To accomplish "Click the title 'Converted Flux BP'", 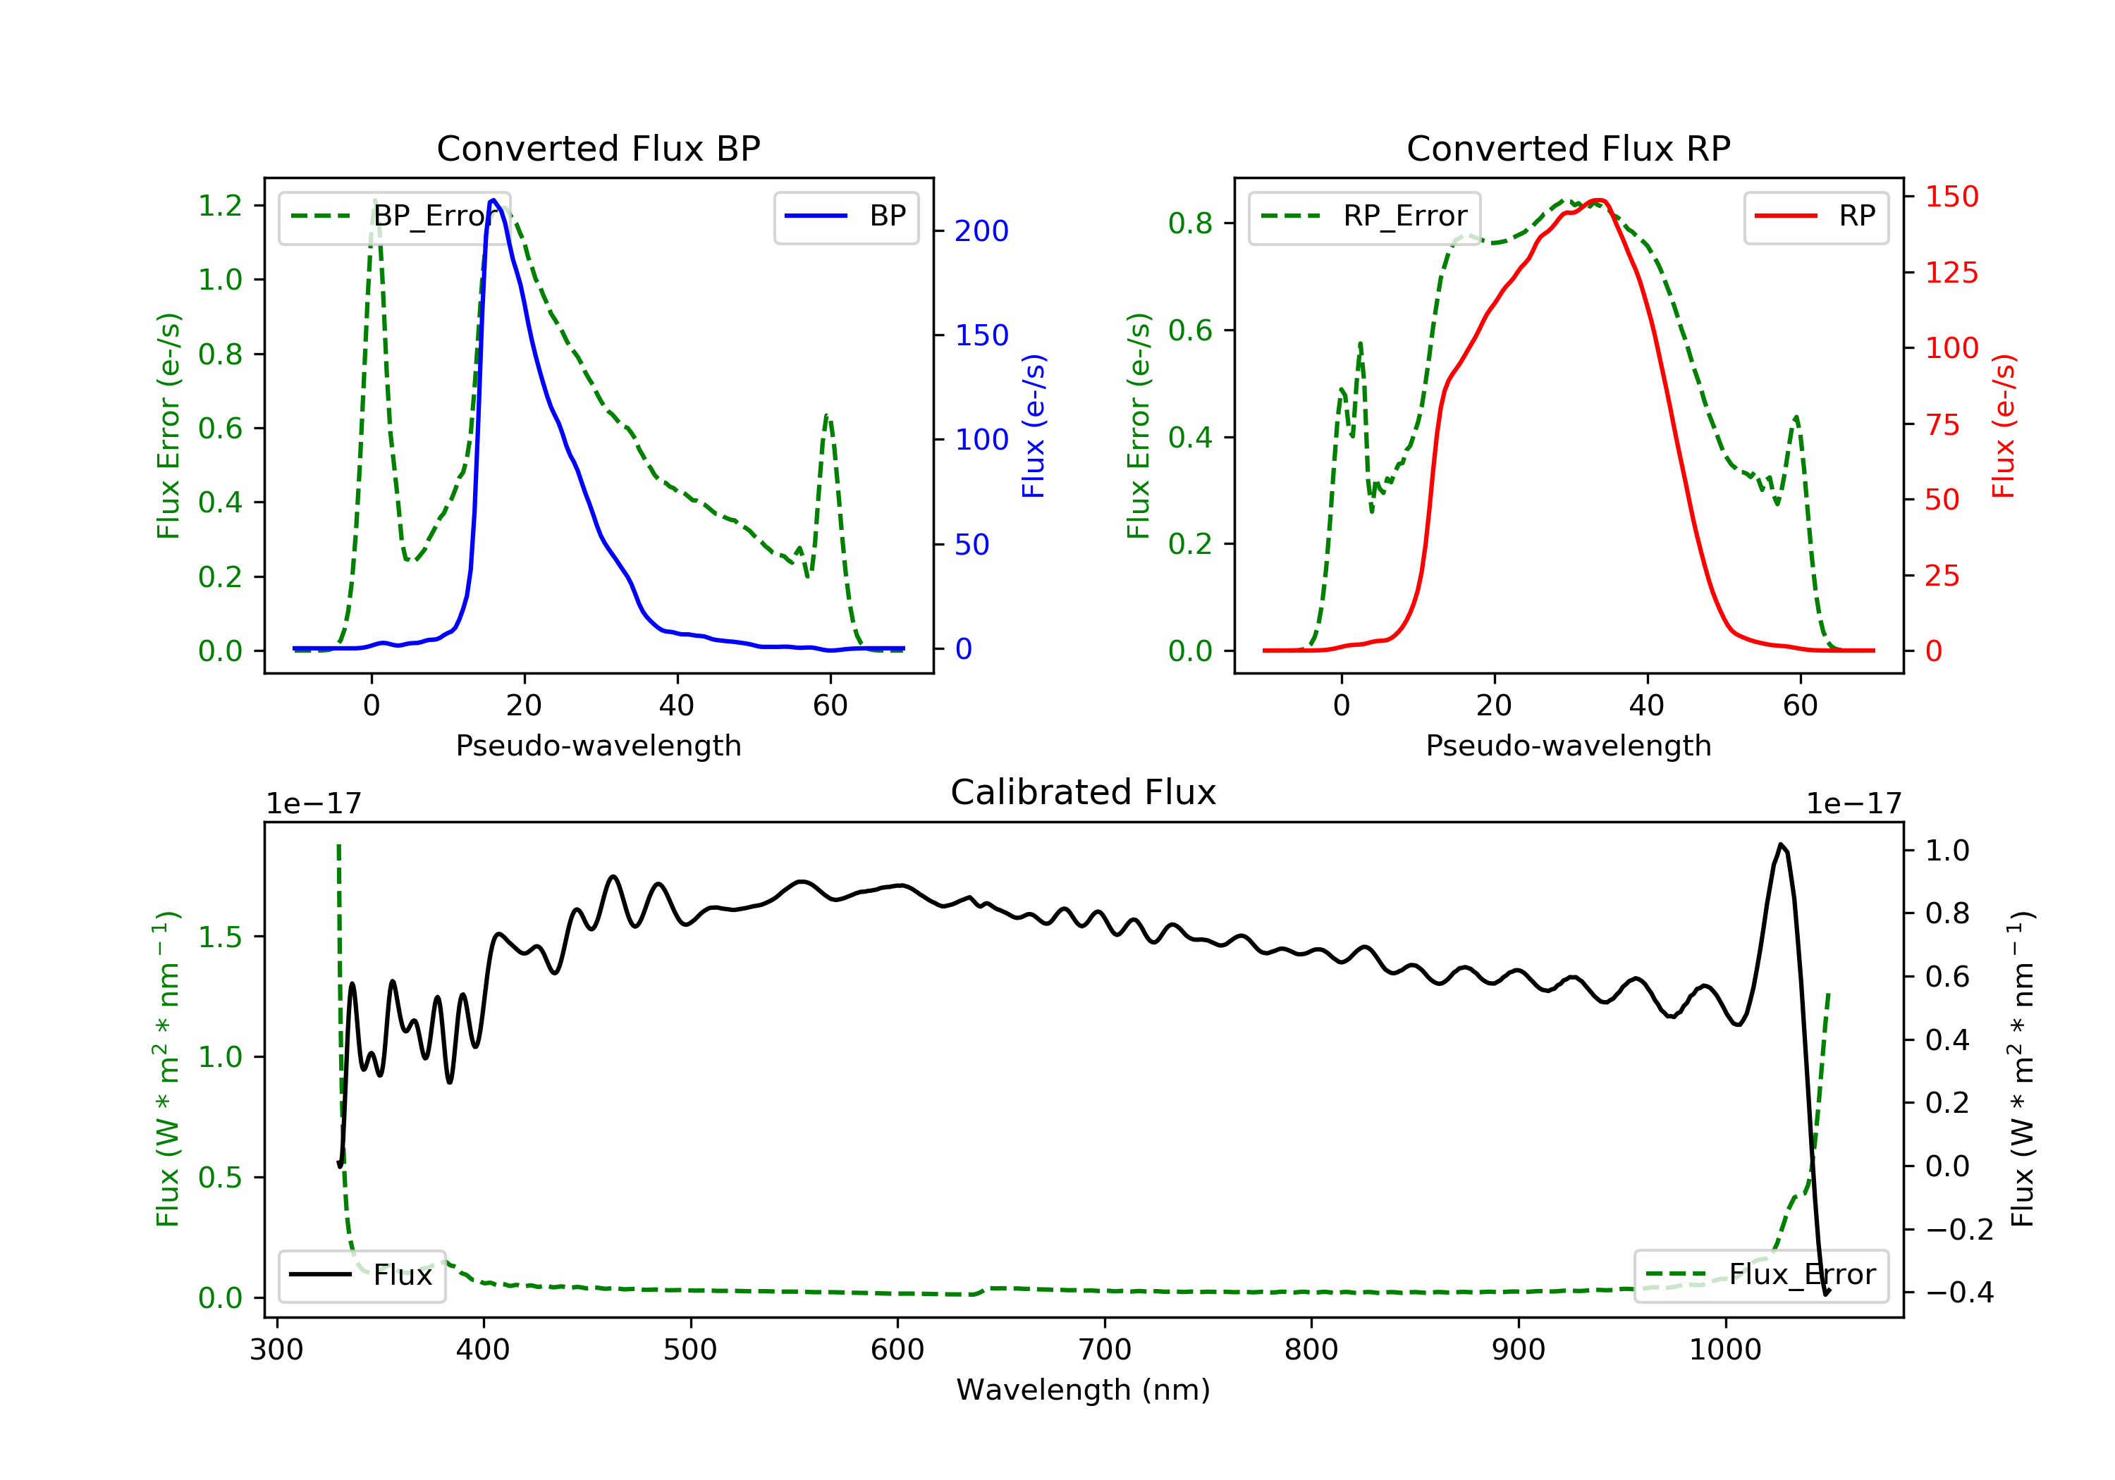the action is (598, 148).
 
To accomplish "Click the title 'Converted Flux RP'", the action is (1568, 148).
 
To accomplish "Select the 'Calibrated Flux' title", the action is (1084, 792).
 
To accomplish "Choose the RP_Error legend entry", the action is (1364, 216).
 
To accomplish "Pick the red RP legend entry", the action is (1815, 216).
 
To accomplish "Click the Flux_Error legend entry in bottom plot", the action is (1760, 1275).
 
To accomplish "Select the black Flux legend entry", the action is (361, 1275).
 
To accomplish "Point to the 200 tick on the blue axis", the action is (981, 231).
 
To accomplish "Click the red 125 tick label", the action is (1951, 273).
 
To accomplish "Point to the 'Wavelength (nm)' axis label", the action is (1084, 1390).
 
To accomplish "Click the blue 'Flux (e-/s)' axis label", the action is (1034, 426).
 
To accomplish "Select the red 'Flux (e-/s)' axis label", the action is (2004, 426).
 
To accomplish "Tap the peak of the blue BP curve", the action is (493, 200).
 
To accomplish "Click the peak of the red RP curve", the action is (1599, 201).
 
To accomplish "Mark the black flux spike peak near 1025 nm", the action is (1781, 844).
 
